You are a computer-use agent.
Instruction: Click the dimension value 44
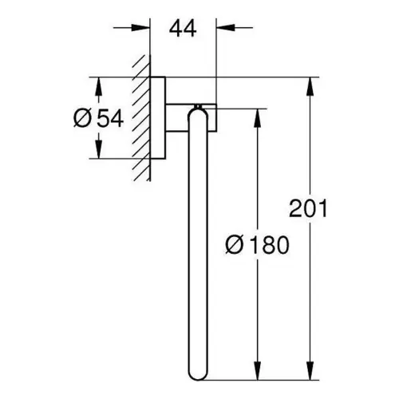[183, 29]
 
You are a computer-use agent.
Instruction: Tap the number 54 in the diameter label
[110, 119]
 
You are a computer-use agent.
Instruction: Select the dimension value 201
[308, 208]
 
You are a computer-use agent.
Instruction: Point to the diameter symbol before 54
[83, 119]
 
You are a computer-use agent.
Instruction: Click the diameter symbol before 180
[235, 245]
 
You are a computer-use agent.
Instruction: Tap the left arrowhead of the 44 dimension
[140, 27]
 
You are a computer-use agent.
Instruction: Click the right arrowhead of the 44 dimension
[226, 27]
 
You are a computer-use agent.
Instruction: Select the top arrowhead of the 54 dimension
[98, 86]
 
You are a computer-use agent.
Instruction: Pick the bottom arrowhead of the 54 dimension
[98, 149]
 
